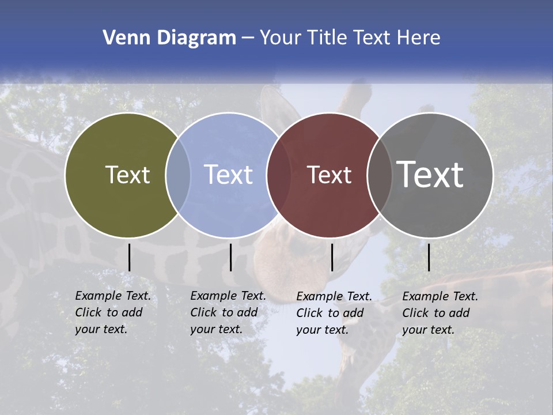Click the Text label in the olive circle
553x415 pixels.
point(127,175)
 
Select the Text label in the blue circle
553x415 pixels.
point(229,175)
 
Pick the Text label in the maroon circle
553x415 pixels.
point(329,175)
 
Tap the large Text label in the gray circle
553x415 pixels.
point(430,175)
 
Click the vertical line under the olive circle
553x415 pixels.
point(129,257)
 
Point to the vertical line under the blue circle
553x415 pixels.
point(230,257)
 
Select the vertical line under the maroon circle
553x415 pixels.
point(332,257)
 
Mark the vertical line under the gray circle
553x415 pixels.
point(429,257)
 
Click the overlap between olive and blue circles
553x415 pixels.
point(178,175)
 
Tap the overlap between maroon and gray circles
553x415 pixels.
point(380,175)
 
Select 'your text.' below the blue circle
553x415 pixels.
point(216,329)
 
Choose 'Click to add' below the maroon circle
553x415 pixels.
point(330,313)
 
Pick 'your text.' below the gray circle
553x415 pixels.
point(428,330)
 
